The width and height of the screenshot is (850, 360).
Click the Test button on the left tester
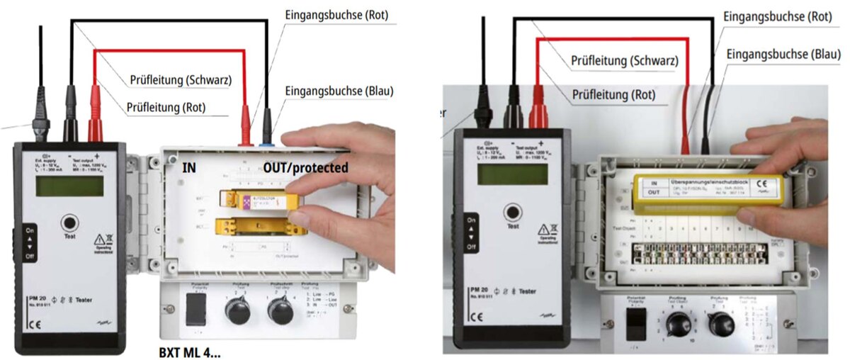coord(69,221)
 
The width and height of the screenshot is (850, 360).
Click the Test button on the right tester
coord(511,212)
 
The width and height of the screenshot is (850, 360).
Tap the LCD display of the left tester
coord(69,186)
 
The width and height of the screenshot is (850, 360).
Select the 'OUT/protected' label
coord(305,168)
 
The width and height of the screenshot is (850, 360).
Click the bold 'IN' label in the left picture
coord(190,168)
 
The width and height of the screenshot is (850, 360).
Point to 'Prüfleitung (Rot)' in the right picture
coord(613,94)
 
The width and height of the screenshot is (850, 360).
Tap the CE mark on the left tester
coord(35,326)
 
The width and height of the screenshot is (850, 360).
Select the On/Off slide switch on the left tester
coord(29,242)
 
